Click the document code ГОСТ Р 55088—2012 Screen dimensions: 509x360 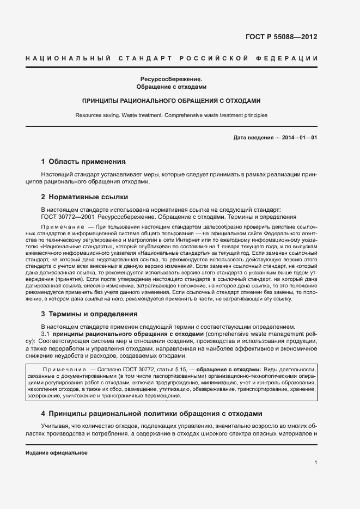click(x=282, y=38)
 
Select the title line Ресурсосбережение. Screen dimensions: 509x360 click(x=171, y=78)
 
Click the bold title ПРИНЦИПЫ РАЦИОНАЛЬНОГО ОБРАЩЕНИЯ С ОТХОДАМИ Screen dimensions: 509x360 click(x=171, y=101)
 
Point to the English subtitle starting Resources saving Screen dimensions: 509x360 click(x=171, y=115)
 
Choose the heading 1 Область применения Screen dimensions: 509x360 click(x=83, y=162)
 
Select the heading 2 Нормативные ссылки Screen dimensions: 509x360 click(x=84, y=197)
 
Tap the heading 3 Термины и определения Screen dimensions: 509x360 click(x=89, y=314)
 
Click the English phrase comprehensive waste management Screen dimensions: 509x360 click(x=259, y=333)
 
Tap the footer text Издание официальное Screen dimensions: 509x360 click(x=57, y=453)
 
